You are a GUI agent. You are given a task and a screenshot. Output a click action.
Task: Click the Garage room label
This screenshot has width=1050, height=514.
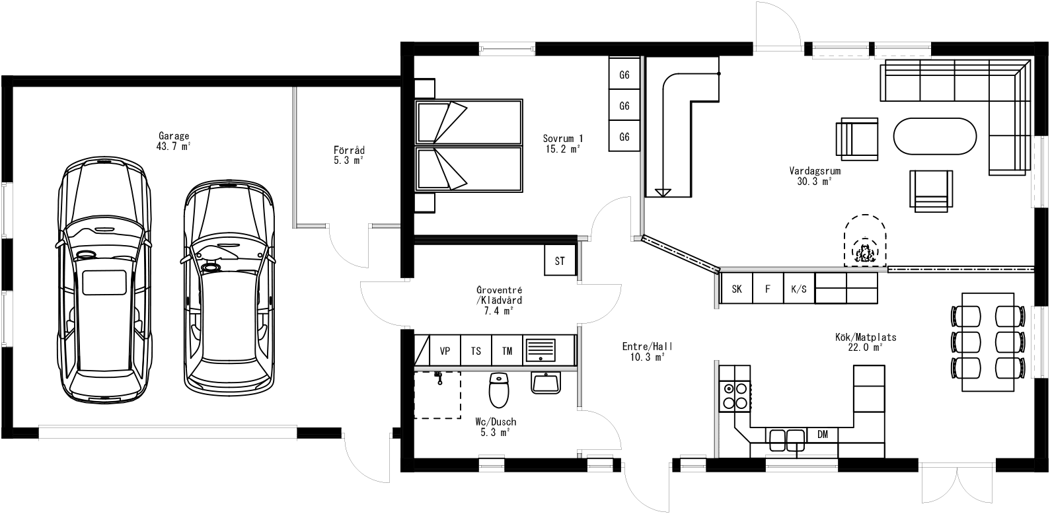(x=173, y=141)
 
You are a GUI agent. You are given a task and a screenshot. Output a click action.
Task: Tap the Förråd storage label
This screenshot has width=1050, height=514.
(x=349, y=155)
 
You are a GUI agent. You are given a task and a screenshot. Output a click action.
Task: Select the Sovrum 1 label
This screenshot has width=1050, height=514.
(x=563, y=144)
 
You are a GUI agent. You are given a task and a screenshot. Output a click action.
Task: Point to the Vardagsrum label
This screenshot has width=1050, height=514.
(x=814, y=175)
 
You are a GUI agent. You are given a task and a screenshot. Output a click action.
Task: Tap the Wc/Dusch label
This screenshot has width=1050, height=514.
(x=495, y=427)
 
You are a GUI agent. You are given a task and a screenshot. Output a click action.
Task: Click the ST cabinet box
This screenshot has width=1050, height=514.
(x=560, y=260)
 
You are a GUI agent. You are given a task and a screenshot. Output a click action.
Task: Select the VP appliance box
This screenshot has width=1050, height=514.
(x=445, y=351)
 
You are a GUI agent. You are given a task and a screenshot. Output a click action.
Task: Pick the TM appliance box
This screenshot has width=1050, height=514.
(x=507, y=351)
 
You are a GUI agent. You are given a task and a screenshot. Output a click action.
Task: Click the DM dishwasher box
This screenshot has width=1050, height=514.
(x=823, y=434)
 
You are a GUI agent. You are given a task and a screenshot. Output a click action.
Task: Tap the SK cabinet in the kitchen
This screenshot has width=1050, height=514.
(x=737, y=289)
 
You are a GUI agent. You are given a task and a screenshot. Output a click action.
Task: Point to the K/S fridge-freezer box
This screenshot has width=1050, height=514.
(x=798, y=289)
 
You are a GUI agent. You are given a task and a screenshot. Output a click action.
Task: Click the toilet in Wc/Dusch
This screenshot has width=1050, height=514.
(x=498, y=390)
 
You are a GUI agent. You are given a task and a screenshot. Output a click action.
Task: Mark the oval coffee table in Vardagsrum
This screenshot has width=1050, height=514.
(x=934, y=137)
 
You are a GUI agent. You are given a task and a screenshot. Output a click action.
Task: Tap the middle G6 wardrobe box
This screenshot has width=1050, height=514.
(x=624, y=106)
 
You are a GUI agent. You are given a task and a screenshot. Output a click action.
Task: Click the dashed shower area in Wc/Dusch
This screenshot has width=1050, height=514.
(x=437, y=394)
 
